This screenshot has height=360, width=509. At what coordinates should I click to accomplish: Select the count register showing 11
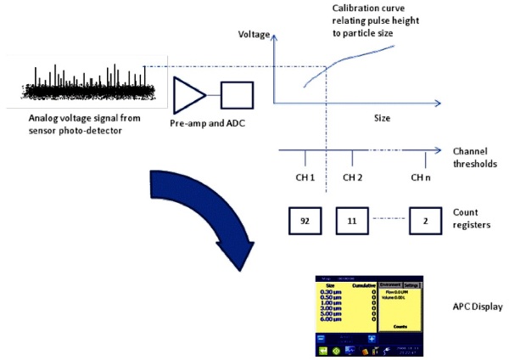click(x=352, y=219)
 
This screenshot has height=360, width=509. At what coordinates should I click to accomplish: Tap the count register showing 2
click(x=427, y=219)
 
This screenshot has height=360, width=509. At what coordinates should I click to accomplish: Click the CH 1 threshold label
click(x=305, y=177)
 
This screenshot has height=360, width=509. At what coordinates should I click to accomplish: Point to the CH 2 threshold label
click(x=352, y=177)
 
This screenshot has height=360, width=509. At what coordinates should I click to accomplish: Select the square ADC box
click(x=237, y=96)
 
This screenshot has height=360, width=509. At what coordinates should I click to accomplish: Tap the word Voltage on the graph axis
click(x=254, y=36)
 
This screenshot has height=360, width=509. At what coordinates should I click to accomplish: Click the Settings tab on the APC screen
click(x=411, y=284)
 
